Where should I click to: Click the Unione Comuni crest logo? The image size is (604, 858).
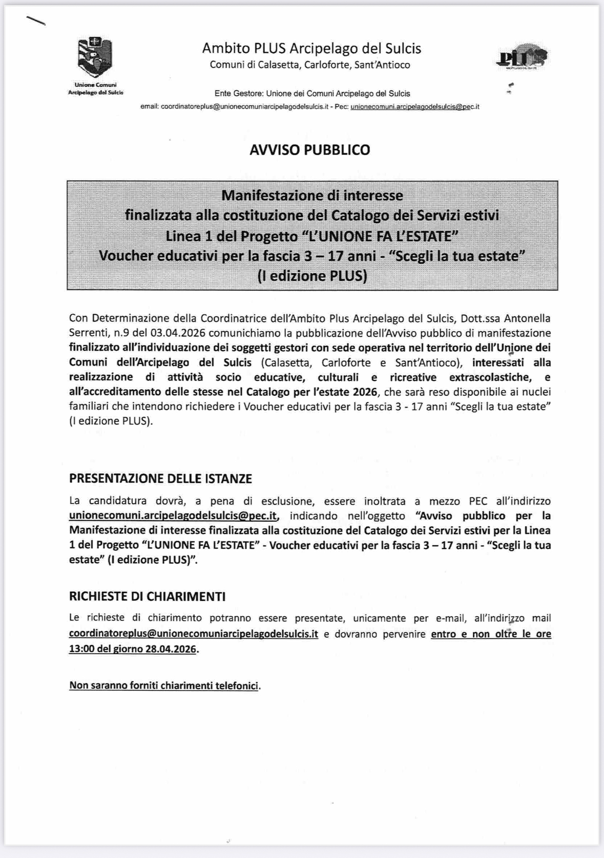pyautogui.click(x=95, y=57)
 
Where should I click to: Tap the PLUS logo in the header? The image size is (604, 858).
pyautogui.click(x=522, y=57)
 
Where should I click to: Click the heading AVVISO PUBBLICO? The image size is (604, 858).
pyautogui.click(x=309, y=150)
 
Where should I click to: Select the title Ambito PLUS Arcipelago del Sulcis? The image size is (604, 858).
pyautogui.click(x=311, y=49)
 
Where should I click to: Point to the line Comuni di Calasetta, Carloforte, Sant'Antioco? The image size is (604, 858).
pyautogui.click(x=310, y=65)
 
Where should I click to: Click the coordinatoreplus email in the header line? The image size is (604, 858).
pyautogui.click(x=244, y=107)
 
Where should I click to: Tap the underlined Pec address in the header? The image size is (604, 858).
pyautogui.click(x=414, y=107)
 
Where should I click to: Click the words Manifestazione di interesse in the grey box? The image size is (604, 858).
pyautogui.click(x=312, y=196)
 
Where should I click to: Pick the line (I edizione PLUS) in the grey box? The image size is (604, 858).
pyautogui.click(x=312, y=276)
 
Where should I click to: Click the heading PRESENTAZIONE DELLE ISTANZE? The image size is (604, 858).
pyautogui.click(x=160, y=479)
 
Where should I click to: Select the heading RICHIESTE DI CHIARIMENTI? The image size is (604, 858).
pyautogui.click(x=147, y=596)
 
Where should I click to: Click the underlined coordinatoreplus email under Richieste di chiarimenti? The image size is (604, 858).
pyautogui.click(x=193, y=634)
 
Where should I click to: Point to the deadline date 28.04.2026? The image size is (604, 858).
pyautogui.click(x=171, y=649)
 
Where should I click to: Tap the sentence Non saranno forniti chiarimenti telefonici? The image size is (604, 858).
pyautogui.click(x=164, y=685)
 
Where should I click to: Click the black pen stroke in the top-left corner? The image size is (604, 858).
pyautogui.click(x=35, y=20)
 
